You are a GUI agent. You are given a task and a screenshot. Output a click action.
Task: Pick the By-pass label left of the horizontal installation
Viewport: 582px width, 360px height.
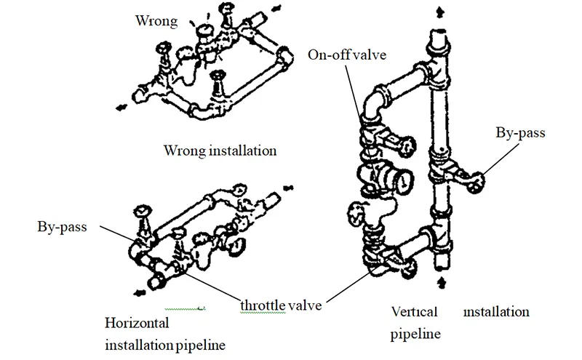pos(61,227)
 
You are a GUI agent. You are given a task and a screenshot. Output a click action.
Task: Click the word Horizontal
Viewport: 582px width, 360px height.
pos(137,321)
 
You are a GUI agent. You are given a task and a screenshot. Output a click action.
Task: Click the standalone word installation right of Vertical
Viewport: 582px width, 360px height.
pos(497,312)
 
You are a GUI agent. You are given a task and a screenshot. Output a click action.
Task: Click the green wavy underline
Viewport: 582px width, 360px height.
pos(186,308)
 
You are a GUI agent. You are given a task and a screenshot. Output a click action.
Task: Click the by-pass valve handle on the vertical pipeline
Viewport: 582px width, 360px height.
pos(477,182)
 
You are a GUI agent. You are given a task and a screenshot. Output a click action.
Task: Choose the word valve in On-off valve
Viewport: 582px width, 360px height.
pos(373,55)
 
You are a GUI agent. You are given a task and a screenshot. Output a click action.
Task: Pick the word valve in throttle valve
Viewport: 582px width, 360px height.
pos(306,305)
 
